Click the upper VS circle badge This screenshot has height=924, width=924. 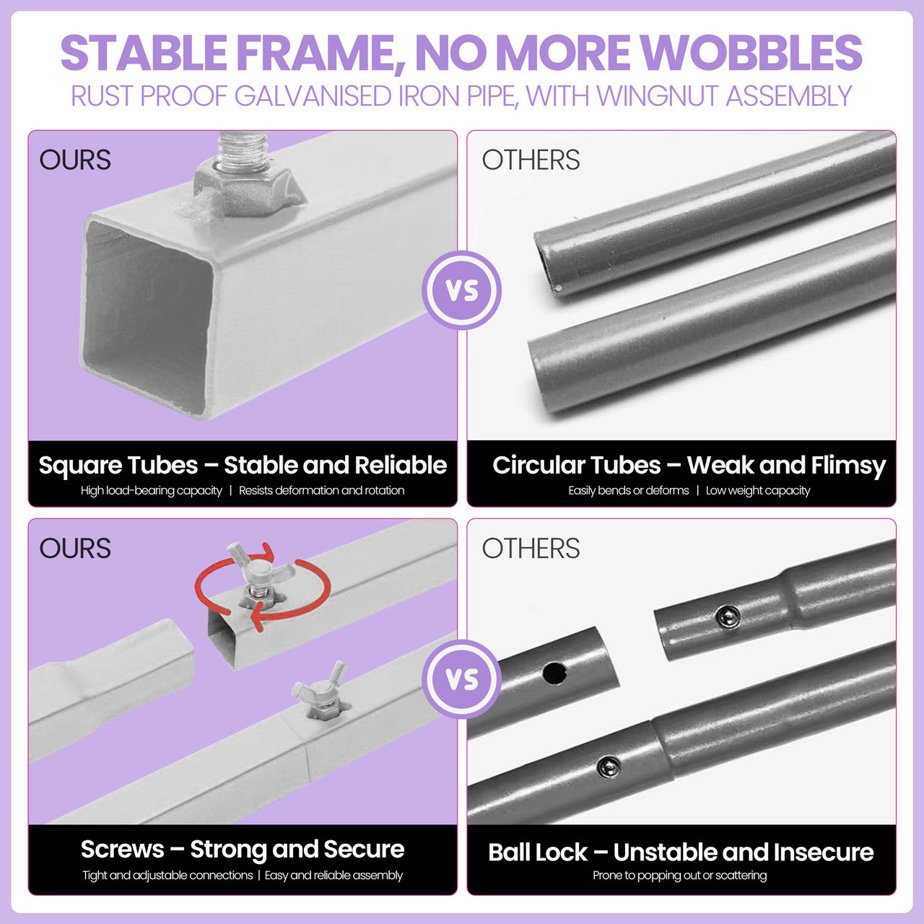[x=462, y=290]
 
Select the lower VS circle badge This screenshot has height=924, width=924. [x=462, y=679]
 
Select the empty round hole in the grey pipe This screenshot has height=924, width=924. [x=555, y=674]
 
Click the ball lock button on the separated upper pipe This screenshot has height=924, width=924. [x=728, y=616]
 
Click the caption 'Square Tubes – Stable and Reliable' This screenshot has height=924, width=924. [x=243, y=465]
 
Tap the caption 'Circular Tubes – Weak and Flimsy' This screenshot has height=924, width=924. [x=689, y=465]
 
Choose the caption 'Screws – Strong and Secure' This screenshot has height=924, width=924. [x=243, y=850]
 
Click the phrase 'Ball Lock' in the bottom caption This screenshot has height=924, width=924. [x=538, y=853]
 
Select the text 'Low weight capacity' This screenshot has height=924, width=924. [x=758, y=491]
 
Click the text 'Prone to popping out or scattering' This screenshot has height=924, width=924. [x=680, y=875]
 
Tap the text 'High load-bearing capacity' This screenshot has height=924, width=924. [x=151, y=491]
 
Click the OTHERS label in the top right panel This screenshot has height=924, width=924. [x=531, y=160]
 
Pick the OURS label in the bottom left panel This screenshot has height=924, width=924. [x=75, y=549]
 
